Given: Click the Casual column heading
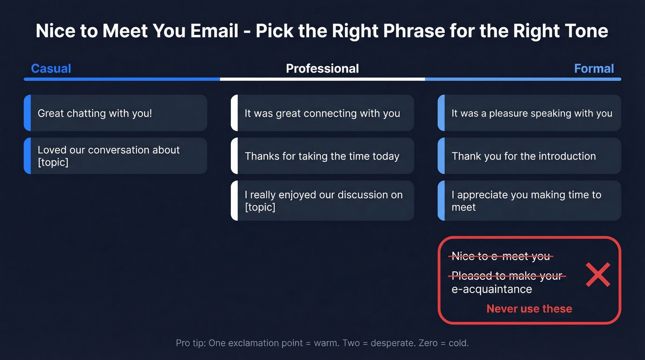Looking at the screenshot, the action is (51, 69).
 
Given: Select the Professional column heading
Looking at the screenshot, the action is (322, 69).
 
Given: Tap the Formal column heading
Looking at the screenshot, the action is (594, 69).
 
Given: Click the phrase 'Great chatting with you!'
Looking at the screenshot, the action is (95, 113).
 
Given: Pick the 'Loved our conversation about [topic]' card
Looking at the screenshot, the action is (116, 156).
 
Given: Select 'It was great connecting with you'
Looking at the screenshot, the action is (322, 113).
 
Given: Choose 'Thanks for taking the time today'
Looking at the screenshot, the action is (322, 156).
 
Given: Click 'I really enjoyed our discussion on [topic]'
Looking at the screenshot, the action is (323, 201).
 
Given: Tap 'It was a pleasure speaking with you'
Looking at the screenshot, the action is (532, 113).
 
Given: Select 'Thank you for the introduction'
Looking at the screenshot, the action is (523, 156).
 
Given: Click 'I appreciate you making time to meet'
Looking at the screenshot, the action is (526, 201).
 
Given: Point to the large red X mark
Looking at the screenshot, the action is (598, 274).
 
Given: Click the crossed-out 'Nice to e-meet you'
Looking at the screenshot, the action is (501, 256).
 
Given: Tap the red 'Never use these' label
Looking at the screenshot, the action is (529, 309).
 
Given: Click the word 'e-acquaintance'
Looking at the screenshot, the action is (492, 289).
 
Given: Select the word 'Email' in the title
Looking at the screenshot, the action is (214, 31).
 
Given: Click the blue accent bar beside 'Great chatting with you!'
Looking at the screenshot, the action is (27, 113).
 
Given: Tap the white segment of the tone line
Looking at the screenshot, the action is (322, 79).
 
